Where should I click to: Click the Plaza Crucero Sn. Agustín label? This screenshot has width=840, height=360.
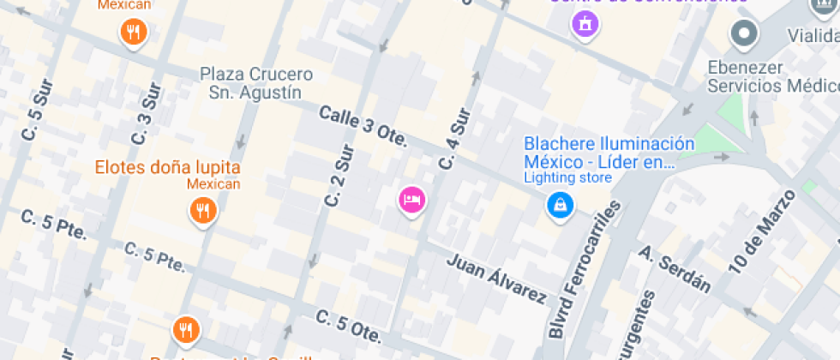coord(256,83)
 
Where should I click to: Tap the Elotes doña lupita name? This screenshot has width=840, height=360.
coord(167,167)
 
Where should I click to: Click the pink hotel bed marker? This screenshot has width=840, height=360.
coord(412,200)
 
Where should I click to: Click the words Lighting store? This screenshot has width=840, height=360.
coord(567,178)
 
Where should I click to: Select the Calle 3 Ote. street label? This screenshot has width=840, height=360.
coord(363,126)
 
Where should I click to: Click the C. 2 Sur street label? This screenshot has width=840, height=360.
coord(339,176)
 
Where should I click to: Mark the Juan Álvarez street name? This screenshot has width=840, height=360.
coord(496,279)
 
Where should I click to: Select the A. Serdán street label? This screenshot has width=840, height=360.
coord(675,269)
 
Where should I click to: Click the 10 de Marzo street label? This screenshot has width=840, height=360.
coord(762,231)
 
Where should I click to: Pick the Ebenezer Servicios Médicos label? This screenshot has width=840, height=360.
coord(771,77)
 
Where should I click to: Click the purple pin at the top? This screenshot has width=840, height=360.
coord(585,23)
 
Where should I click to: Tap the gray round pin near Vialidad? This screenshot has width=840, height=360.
coord(743,34)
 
